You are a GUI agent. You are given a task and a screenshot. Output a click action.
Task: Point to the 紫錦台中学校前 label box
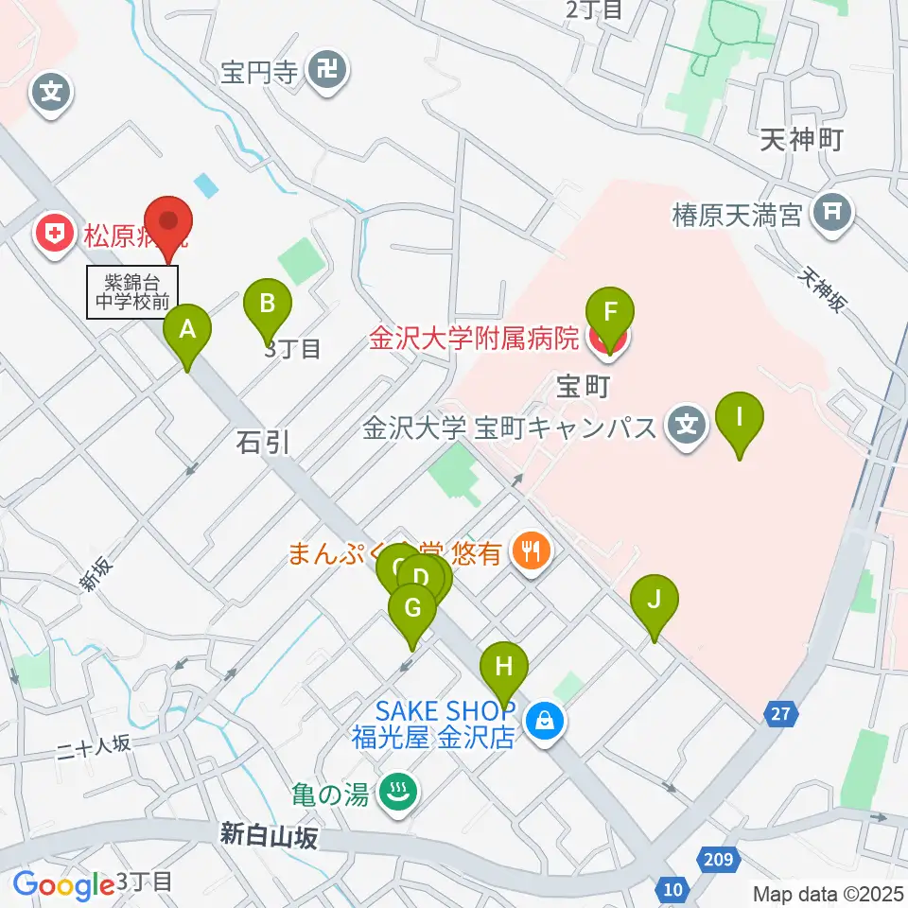(132, 292)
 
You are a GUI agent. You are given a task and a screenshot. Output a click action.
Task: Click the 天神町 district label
(800, 141)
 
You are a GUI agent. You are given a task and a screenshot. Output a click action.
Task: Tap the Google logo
(64, 885)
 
